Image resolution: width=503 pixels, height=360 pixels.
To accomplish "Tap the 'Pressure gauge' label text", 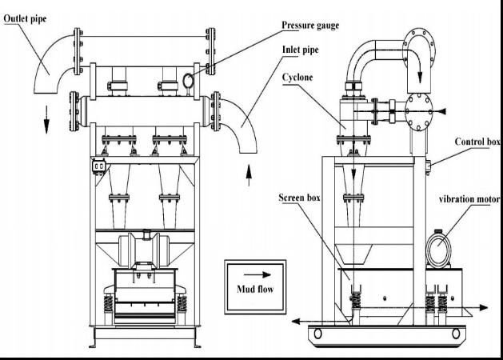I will [309, 26].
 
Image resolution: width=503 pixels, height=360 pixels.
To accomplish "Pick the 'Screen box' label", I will [300, 197].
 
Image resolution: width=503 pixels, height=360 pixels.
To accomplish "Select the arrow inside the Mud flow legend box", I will [253, 272].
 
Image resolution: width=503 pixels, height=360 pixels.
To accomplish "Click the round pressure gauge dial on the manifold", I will [189, 80].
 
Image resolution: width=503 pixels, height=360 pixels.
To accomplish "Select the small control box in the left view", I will [100, 165].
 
